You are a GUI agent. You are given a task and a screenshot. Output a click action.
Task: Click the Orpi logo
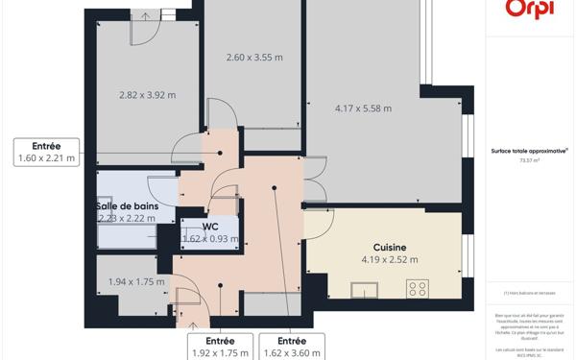tap(529, 10)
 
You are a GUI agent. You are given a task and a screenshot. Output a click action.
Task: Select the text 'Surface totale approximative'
tap(529, 151)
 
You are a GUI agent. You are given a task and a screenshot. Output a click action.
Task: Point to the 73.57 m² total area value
tap(529, 161)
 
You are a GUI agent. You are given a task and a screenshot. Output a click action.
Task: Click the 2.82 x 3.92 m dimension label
tap(148, 95)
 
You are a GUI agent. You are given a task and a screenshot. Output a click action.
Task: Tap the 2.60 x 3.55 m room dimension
tap(254, 58)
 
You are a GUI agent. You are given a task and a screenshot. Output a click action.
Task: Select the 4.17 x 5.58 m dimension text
tap(363, 108)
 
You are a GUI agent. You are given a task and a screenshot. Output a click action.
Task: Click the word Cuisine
tap(390, 248)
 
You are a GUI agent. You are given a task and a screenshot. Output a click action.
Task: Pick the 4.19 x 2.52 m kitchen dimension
tap(390, 259)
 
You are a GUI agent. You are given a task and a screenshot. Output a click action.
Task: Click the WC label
tap(210, 227)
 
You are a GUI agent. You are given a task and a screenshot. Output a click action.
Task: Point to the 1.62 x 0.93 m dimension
tap(210, 239)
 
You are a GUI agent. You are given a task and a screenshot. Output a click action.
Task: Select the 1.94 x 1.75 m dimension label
tap(135, 282)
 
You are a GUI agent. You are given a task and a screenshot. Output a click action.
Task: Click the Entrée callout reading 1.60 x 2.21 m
tap(46, 153)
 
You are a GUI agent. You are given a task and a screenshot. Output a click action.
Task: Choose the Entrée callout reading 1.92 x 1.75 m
tap(220, 348)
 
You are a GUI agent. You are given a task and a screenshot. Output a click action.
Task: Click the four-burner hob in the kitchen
tap(418, 288)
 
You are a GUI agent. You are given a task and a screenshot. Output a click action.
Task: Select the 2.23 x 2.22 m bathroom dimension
tap(127, 218)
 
